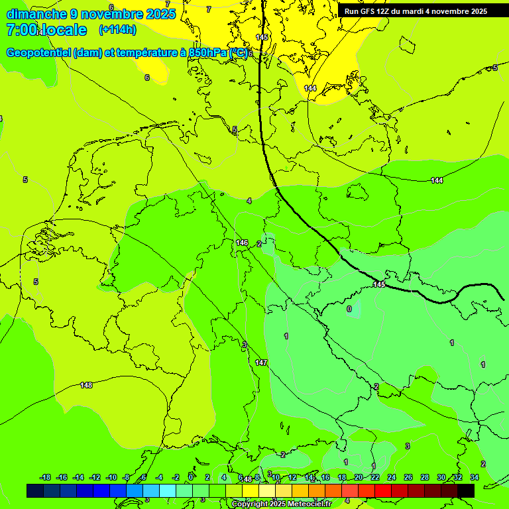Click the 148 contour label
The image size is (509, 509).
(x=86, y=385)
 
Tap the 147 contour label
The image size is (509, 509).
(x=261, y=363)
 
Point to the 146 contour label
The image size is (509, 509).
(x=242, y=243)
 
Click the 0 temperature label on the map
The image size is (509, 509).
(x=349, y=309)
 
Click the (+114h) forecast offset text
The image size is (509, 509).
(x=117, y=30)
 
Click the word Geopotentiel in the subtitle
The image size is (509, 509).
(x=38, y=52)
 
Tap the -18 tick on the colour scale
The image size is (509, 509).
(x=46, y=477)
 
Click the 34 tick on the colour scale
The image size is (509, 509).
(x=475, y=477)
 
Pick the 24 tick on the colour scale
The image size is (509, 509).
(x=392, y=477)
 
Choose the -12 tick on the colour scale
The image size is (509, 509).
(x=95, y=477)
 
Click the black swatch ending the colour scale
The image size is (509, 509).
(x=466, y=490)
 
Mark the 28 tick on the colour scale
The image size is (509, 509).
(x=425, y=477)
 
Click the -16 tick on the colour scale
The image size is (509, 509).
(x=62, y=477)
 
